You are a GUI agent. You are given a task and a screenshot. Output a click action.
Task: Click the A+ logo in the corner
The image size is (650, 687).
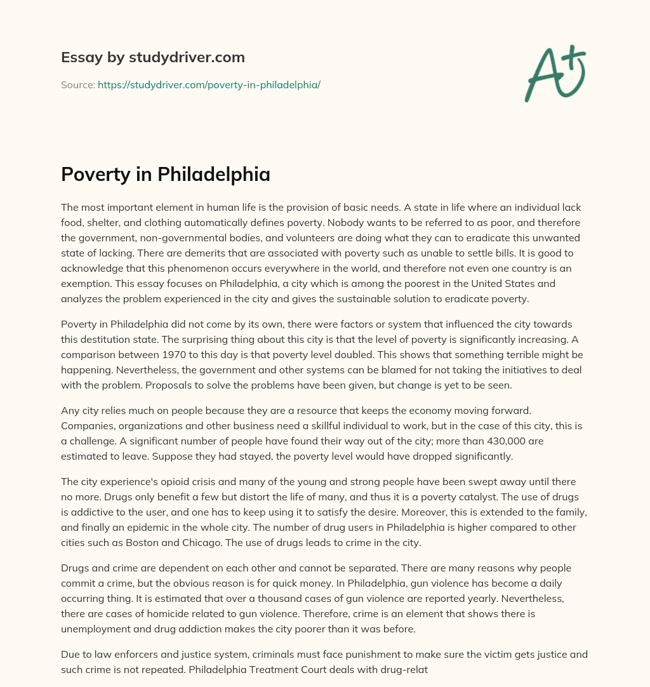(x=555, y=73)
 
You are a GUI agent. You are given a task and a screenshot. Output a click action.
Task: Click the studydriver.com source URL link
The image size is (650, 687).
(x=209, y=84)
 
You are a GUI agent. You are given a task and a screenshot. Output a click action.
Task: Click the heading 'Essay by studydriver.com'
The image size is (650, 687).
(x=152, y=57)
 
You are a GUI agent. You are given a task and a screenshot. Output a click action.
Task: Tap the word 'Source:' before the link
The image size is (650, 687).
(x=77, y=84)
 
